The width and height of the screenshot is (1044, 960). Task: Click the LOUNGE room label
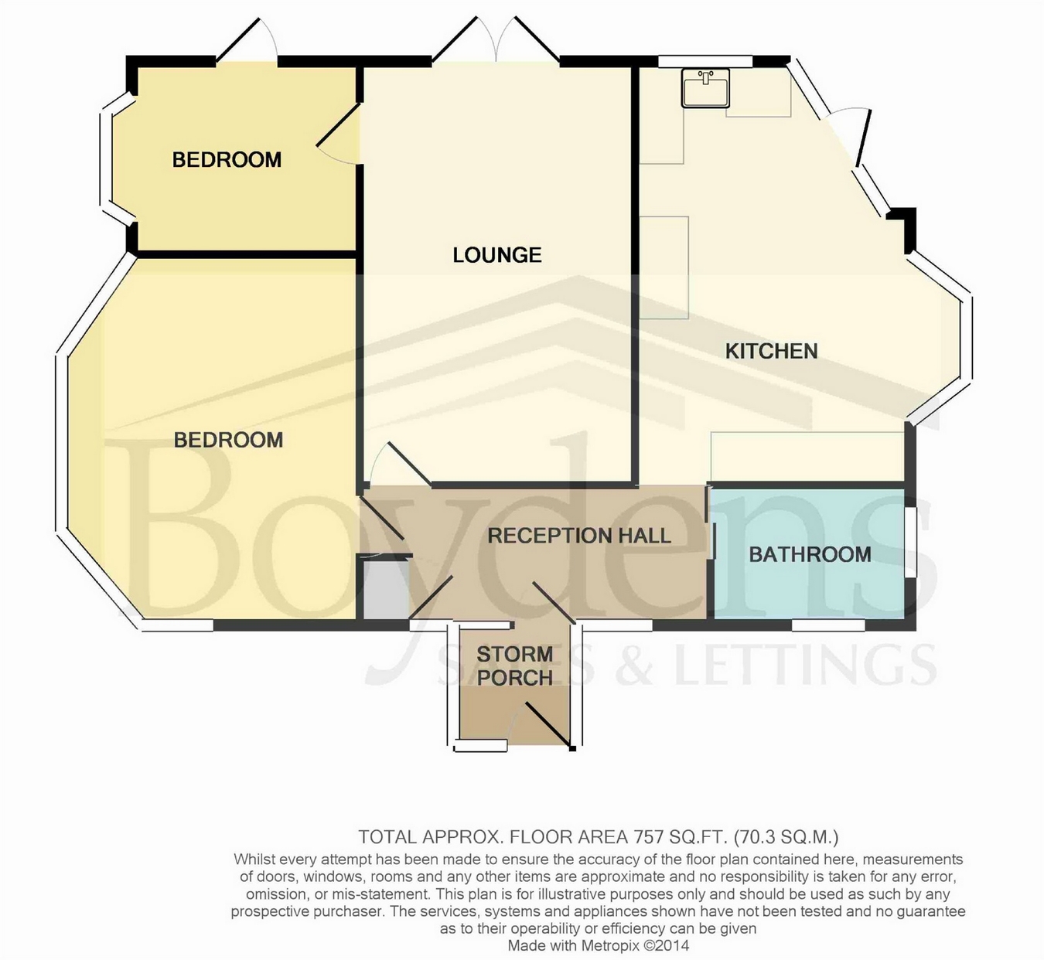tap(497, 255)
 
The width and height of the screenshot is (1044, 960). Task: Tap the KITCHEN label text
tap(771, 351)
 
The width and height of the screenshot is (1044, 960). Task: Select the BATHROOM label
tap(810, 554)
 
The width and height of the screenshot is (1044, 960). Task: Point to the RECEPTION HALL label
tap(578, 536)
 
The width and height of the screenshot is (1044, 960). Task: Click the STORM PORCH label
tap(515, 666)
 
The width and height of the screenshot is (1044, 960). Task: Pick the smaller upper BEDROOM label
tap(227, 160)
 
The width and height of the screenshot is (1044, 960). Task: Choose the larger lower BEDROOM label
tap(228, 441)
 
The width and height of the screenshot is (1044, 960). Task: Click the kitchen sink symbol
tap(705, 88)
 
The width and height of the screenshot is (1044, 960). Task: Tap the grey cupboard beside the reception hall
tap(384, 588)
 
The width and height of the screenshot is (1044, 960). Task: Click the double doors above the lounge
tap(496, 41)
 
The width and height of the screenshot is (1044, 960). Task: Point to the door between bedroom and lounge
tap(338, 133)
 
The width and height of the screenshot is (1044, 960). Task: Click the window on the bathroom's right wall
tap(910, 542)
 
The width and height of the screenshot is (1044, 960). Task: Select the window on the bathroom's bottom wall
tap(828, 625)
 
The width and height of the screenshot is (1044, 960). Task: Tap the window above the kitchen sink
tap(706, 62)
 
